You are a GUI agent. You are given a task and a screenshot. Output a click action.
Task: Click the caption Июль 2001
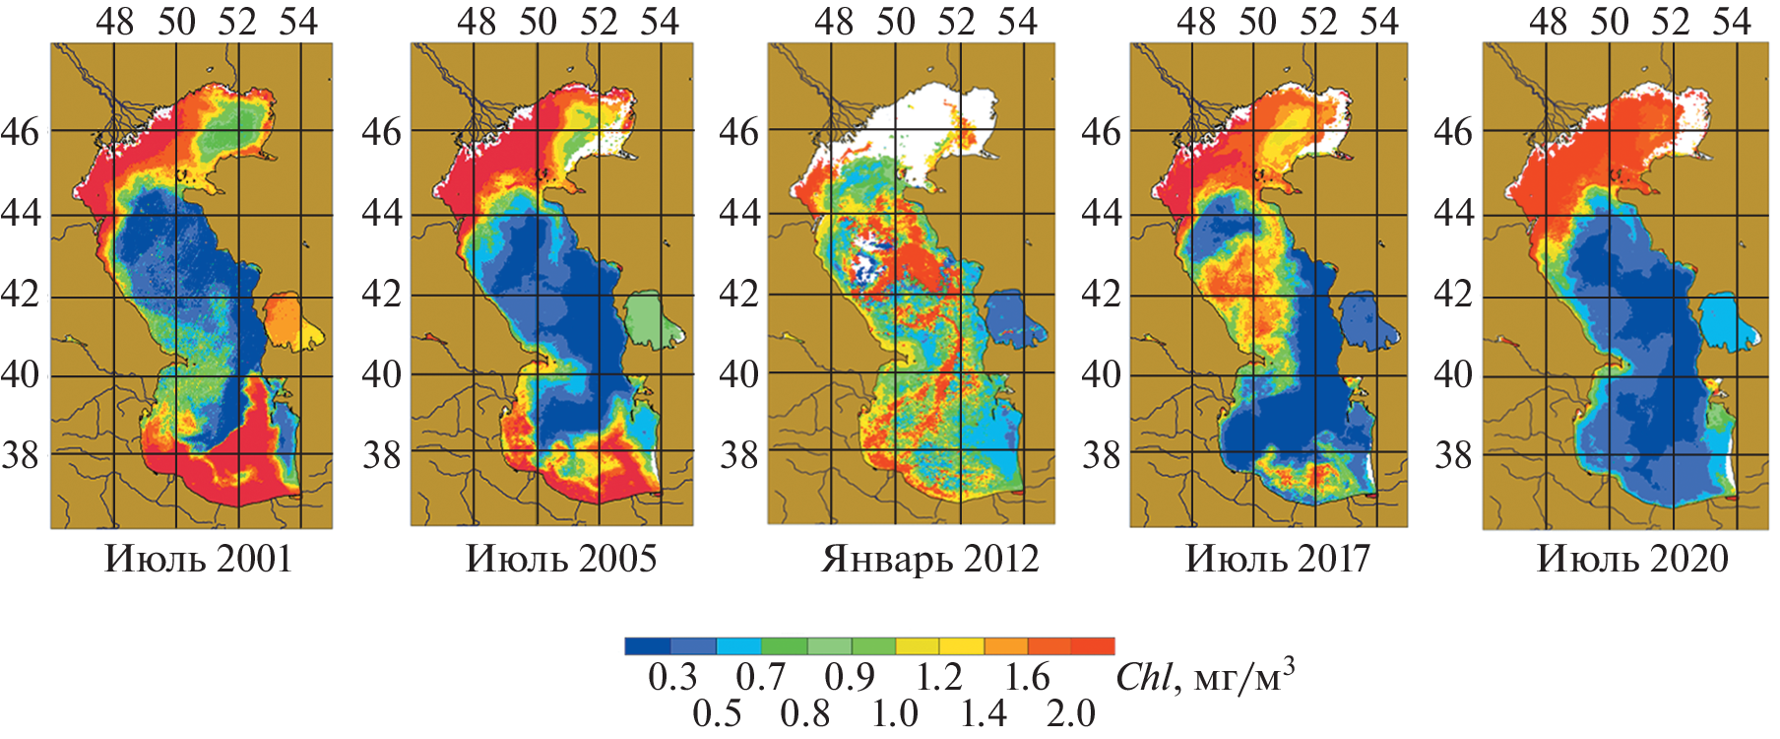tap(198, 559)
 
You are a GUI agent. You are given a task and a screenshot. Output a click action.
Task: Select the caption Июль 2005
tap(560, 559)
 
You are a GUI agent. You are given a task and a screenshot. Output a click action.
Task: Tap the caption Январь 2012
tap(929, 559)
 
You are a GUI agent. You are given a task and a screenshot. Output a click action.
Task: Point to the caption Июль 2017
tap(1277, 559)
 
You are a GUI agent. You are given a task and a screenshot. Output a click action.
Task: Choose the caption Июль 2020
tap(1632, 559)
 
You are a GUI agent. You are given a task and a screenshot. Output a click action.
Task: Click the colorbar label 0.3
tap(672, 678)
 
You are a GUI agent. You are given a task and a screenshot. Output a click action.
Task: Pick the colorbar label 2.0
tap(1071, 713)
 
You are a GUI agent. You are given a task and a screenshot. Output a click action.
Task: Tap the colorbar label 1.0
tap(894, 713)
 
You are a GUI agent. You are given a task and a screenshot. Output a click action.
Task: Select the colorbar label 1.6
tap(1027, 678)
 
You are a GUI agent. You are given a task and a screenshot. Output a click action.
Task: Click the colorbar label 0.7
tap(761, 678)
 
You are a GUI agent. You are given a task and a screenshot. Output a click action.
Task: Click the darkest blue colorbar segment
tap(648, 646)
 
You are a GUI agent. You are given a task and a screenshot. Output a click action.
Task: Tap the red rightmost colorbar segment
tap(1093, 646)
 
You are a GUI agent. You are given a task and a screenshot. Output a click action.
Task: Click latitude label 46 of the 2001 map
tap(20, 131)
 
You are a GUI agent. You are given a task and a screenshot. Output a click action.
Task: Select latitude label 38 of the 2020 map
tap(1453, 455)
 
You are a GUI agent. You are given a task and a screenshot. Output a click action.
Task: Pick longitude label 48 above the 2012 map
tap(834, 22)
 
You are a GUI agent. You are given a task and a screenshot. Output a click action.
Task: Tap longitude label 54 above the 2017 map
tap(1378, 22)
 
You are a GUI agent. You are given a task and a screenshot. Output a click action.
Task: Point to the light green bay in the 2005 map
tap(646, 317)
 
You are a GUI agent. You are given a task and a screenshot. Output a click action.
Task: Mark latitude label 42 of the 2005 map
tap(382, 294)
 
